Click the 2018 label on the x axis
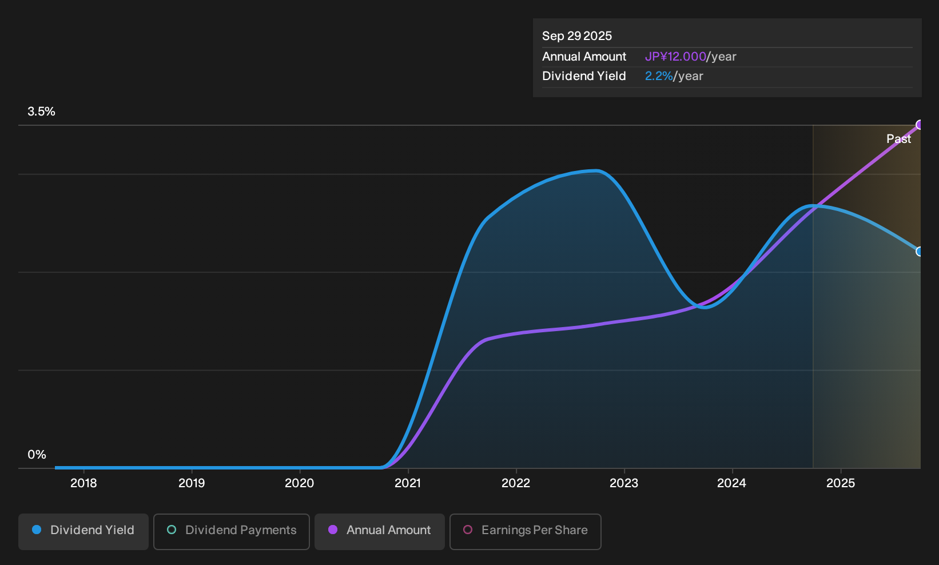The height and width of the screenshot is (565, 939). [83, 483]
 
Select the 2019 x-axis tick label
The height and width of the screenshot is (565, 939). [192, 483]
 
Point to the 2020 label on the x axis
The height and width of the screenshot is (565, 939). [299, 483]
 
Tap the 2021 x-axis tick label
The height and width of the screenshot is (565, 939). [408, 483]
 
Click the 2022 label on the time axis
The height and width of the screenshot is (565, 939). [516, 483]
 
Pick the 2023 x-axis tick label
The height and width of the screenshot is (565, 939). [624, 483]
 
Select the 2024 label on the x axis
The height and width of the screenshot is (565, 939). [731, 483]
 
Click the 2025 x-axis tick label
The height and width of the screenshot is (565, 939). [841, 483]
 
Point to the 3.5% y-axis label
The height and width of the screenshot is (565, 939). [41, 112]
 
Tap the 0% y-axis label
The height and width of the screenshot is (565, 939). [37, 455]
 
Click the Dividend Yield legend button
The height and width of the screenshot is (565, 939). [83, 531]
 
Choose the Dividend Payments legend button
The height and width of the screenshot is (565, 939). [232, 531]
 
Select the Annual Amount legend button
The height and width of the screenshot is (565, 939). [379, 531]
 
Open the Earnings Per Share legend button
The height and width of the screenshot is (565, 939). [525, 531]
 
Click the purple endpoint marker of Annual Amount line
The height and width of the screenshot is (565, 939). [920, 125]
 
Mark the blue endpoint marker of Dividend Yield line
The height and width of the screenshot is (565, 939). [920, 252]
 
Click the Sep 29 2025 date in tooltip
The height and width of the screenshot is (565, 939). [577, 36]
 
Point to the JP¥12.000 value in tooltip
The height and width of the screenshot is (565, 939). [675, 57]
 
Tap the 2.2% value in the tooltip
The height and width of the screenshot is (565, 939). [659, 76]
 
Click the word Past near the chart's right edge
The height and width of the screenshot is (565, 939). [898, 139]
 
